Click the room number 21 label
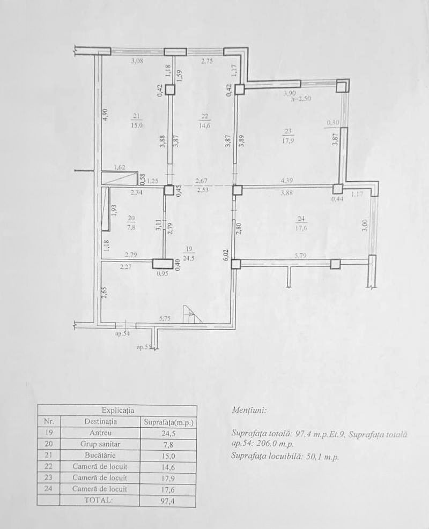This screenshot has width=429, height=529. point(137,116)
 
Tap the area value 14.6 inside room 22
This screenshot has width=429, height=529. point(205,126)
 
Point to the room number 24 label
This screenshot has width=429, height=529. point(302,218)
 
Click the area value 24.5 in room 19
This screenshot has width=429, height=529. point(188,258)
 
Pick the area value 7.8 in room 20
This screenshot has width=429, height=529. point(131,227)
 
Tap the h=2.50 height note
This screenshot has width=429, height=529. point(300,99)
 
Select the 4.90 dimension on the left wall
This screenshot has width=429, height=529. point(105,115)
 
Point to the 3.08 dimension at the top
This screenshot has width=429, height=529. point(138,61)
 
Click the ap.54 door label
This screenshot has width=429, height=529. point(123,333)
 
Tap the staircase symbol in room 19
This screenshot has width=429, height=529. point(191,314)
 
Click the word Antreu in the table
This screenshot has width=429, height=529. point(100,433)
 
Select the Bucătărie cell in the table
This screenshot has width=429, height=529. point(100,455)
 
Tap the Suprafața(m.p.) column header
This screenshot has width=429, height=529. point(168,422)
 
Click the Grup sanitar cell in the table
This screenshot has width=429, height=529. point(100,444)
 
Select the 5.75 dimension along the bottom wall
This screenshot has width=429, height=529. point(165,318)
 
